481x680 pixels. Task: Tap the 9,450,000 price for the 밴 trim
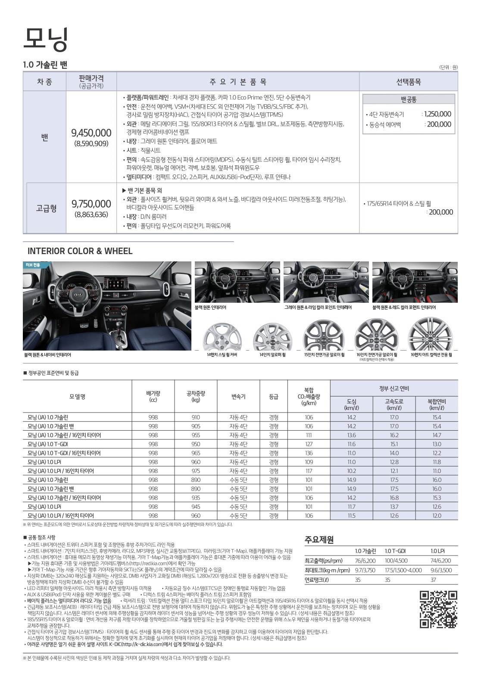(x=91, y=133)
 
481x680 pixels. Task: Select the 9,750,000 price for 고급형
(x=91, y=203)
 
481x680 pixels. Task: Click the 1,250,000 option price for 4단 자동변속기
(x=437, y=114)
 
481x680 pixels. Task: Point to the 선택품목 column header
(x=408, y=81)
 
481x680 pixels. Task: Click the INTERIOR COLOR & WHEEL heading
(x=80, y=251)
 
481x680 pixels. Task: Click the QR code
(x=438, y=609)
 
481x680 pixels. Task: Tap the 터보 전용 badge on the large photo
(x=33, y=265)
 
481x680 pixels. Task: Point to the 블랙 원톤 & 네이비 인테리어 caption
(x=48, y=355)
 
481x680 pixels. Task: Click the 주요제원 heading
(x=319, y=540)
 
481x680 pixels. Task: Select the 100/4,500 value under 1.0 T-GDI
(x=396, y=561)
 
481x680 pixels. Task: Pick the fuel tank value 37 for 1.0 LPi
(x=434, y=580)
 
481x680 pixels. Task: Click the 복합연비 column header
(x=437, y=404)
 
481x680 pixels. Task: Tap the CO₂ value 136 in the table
(x=309, y=453)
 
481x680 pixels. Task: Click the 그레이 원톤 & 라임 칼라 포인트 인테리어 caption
(x=318, y=307)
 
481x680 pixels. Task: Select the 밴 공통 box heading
(x=408, y=99)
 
